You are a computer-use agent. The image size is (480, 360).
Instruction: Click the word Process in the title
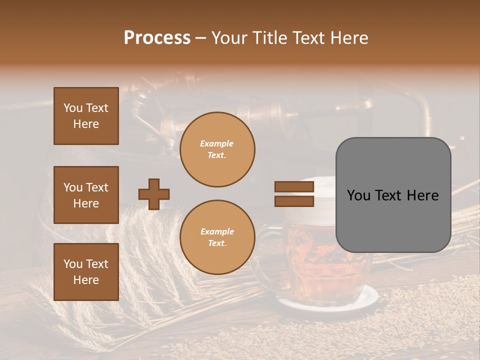(x=157, y=38)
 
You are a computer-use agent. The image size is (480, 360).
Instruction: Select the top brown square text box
(x=86, y=116)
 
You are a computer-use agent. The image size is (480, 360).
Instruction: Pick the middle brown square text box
(x=86, y=195)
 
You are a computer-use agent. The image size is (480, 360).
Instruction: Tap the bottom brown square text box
(x=86, y=272)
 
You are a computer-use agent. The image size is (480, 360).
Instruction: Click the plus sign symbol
(x=153, y=194)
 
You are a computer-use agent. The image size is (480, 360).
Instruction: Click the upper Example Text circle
(x=217, y=149)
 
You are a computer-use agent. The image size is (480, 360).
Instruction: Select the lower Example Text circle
(x=217, y=237)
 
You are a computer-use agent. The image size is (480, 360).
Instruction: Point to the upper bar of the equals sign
(x=294, y=187)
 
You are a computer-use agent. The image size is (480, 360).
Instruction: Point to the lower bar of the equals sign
(x=294, y=201)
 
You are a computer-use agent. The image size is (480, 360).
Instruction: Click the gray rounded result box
(x=393, y=195)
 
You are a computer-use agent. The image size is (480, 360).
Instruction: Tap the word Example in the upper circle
(x=217, y=143)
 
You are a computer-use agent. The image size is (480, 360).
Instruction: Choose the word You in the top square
(x=72, y=108)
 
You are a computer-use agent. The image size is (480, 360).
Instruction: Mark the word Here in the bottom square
(x=86, y=280)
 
